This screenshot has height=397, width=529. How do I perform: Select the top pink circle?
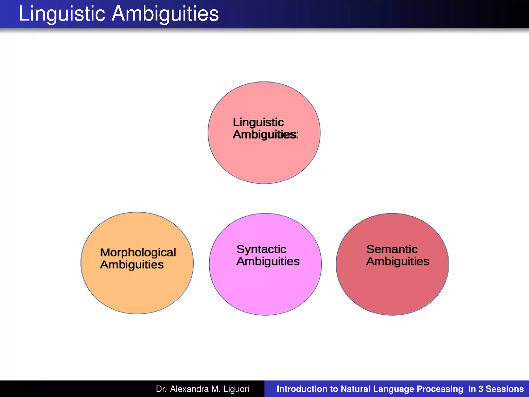coord(264,160)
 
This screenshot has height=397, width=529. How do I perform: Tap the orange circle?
coord(137,289)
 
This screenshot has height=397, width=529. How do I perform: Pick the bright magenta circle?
coord(265,289)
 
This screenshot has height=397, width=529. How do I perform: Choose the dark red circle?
coord(392,289)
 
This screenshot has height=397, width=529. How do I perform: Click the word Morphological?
coord(138,253)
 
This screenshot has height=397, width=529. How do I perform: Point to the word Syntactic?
coord(261,249)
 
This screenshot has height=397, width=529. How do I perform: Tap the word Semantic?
coord(392,249)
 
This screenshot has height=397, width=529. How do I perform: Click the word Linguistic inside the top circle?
coord(258,122)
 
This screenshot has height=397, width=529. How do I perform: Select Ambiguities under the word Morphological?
coord(132,265)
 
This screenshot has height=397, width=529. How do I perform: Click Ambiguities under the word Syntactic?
coord(268,261)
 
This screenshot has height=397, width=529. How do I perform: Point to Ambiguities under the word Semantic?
coord(398,261)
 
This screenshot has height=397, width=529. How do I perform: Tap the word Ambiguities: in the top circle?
coord(266,134)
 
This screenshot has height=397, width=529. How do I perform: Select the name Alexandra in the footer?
coord(189,389)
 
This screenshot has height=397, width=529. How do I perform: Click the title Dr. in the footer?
coord(161,389)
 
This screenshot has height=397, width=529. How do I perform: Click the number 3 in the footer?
coord(481,389)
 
